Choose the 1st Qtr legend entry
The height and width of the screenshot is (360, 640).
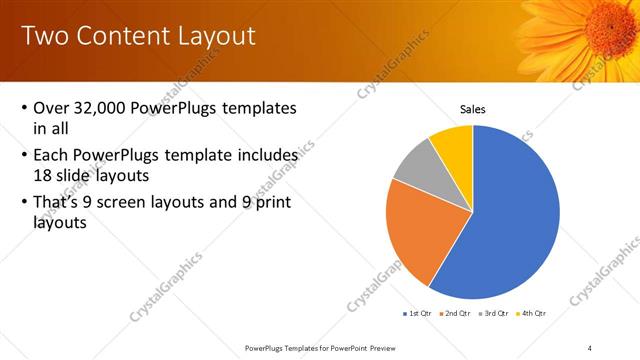(417, 314)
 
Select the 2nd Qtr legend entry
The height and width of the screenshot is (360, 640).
(456, 314)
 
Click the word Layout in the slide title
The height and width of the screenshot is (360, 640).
(217, 36)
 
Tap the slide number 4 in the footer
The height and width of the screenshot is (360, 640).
(590, 347)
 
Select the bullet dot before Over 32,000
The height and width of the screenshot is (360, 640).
(24, 108)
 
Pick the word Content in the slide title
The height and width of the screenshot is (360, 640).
(121, 36)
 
